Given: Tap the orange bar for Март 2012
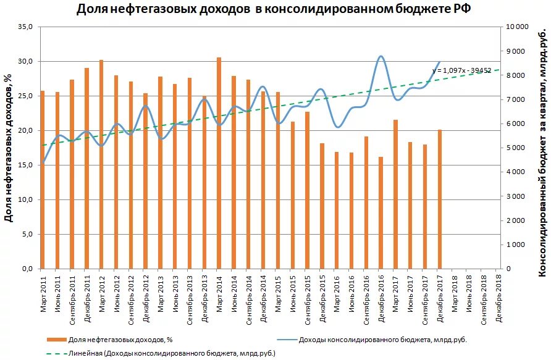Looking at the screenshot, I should coord(101,164).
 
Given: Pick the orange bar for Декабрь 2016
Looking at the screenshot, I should coord(381,213).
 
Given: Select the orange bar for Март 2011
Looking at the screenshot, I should coord(43,180).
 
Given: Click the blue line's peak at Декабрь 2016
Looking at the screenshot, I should coord(381,56).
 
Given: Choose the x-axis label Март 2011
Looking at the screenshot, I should coord(43,294).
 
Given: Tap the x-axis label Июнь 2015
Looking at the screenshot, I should coord(293,294).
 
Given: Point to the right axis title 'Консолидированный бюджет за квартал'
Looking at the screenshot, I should coord(542,148).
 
